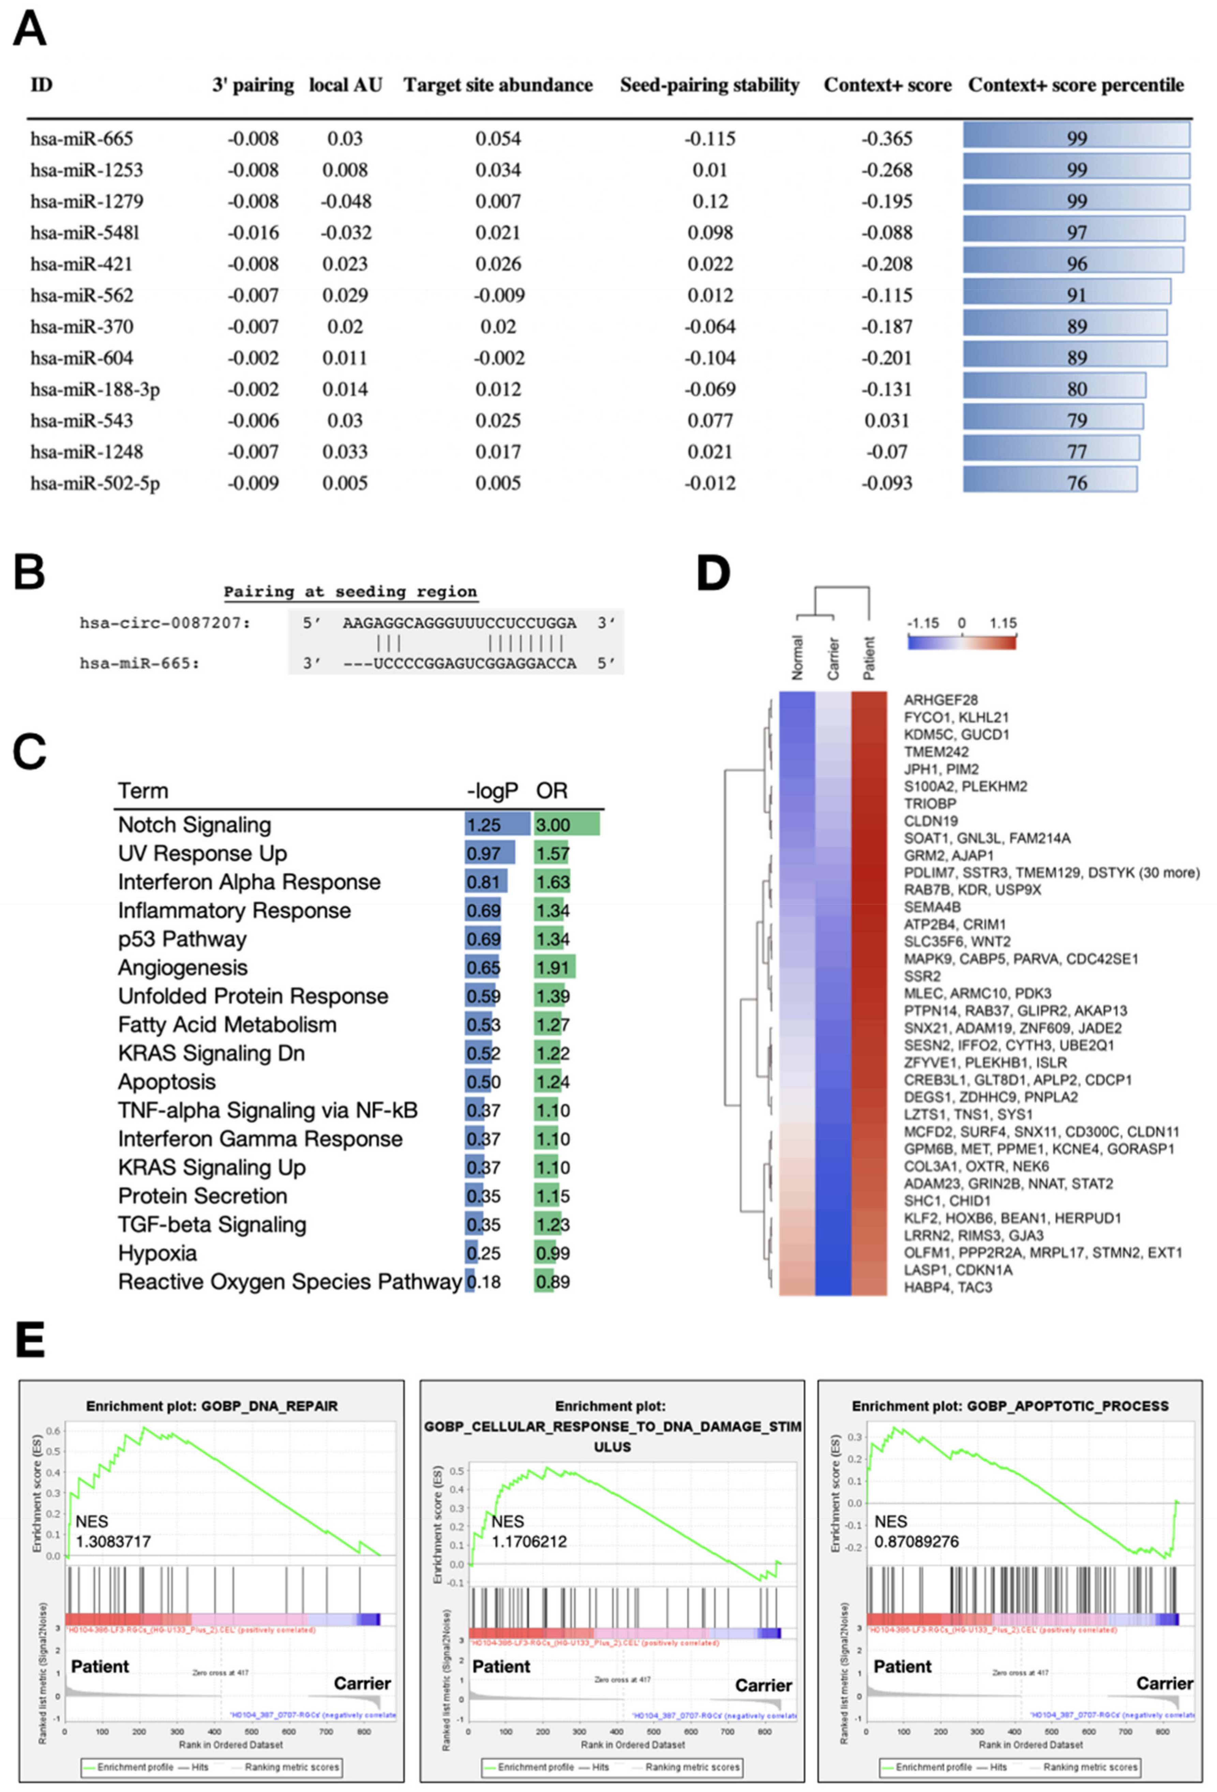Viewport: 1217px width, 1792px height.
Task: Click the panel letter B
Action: tap(29, 574)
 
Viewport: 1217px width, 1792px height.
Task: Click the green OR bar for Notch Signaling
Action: tap(567, 824)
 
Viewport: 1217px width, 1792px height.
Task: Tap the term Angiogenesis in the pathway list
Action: tap(183, 968)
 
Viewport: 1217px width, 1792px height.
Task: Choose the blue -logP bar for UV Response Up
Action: tap(490, 853)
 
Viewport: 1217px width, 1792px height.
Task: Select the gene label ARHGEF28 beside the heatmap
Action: tap(940, 700)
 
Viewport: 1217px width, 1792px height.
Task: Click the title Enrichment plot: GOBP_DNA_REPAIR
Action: tap(212, 1406)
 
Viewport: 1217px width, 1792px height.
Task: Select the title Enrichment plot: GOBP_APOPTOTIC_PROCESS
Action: tap(1010, 1406)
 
